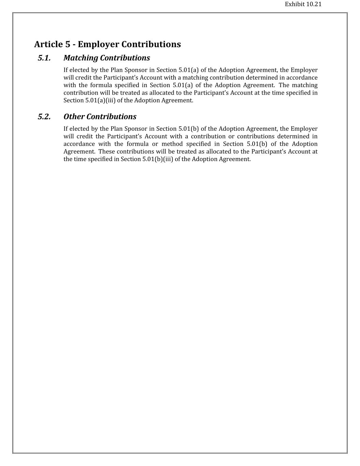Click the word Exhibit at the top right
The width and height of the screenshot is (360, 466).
click(294, 4)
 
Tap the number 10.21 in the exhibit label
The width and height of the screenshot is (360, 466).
click(314, 4)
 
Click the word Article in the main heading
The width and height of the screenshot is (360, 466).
click(48, 44)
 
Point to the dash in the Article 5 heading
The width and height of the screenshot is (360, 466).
click(74, 45)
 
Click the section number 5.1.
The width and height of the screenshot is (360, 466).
click(44, 58)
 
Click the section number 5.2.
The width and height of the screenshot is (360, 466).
click(44, 117)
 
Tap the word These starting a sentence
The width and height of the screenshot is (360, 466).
click(106, 152)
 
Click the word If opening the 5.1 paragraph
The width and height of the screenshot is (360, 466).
click(66, 70)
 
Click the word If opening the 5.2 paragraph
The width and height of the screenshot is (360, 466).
click(66, 129)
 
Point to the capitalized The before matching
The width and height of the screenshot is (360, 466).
click(284, 85)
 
